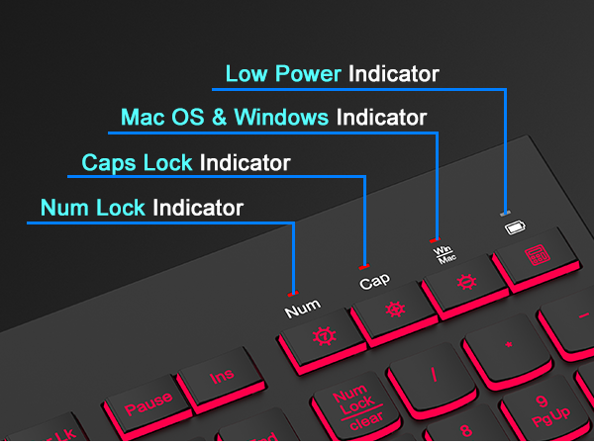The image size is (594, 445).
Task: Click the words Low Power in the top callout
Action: pos(283,74)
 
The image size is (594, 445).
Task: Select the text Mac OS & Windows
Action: pos(225,118)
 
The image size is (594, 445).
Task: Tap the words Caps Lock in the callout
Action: pos(138,162)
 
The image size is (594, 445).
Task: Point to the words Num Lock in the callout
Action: pos(93,209)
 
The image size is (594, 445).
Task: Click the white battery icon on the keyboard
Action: pos(513,228)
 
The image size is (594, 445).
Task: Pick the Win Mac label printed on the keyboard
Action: pos(443,254)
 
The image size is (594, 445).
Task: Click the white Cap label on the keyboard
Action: pos(374,282)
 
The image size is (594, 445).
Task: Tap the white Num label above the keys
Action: pos(303,311)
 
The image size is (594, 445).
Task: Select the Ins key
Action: pos(221,377)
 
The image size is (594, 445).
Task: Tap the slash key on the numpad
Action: pos(434,375)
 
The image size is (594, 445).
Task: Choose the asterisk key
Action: pos(508,346)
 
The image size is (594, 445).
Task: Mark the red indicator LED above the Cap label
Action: pos(363,266)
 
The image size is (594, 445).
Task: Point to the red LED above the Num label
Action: pos(291,294)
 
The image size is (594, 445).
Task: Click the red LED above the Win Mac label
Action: pos(433,239)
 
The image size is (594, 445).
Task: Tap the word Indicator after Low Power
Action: pos(393,74)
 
